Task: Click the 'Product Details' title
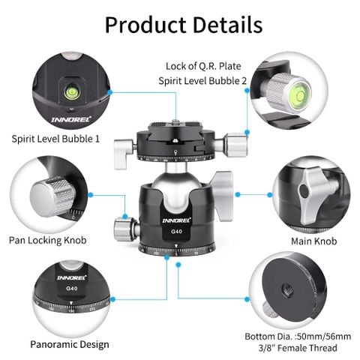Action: pyautogui.click(x=184, y=25)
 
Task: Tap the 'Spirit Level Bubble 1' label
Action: pyautogui.click(x=55, y=139)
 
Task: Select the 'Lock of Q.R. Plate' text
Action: pyautogui.click(x=203, y=66)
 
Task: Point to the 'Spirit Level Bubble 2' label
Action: pyautogui.click(x=202, y=81)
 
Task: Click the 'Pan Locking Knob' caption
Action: pyautogui.click(x=48, y=241)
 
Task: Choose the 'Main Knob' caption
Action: pyautogui.click(x=314, y=241)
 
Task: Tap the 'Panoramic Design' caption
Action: pyautogui.click(x=70, y=344)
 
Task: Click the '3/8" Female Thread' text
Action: pyautogui.click(x=298, y=348)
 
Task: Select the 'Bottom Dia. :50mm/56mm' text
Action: pyautogui.click(x=298, y=337)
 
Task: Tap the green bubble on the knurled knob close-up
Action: pyautogui.click(x=298, y=94)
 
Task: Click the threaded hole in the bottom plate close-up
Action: pyautogui.click(x=288, y=290)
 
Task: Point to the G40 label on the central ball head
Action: pyautogui.click(x=176, y=232)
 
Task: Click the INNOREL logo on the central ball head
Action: pyautogui.click(x=176, y=220)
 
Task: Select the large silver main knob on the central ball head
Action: pyautogui.click(x=222, y=196)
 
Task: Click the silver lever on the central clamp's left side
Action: pyautogui.click(x=124, y=154)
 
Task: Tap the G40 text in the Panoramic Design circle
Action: pyautogui.click(x=71, y=289)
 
